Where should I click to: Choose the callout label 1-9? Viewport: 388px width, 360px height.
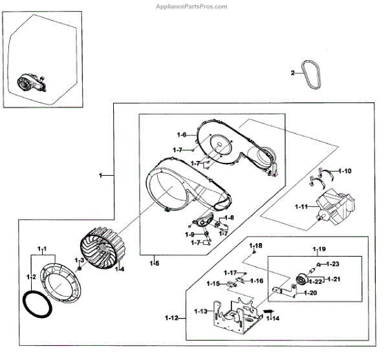[189, 233]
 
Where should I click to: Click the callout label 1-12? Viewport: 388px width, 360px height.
[173, 317]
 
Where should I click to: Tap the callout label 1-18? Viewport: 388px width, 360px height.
[257, 246]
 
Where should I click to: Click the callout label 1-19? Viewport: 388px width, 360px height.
[319, 249]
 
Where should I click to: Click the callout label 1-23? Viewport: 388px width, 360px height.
[333, 264]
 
